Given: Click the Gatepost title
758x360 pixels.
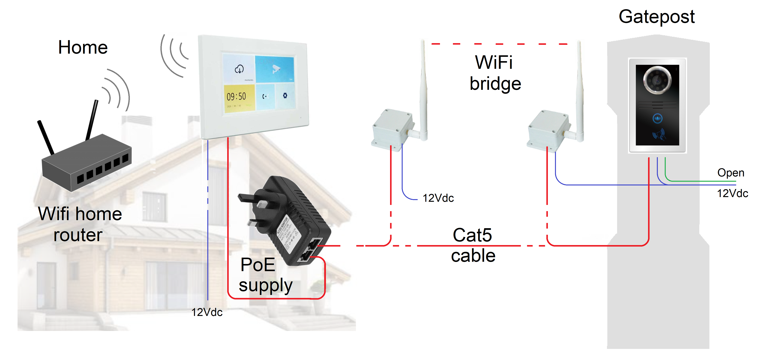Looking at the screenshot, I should coord(656,17).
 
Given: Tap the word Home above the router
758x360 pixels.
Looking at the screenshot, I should coord(83,47).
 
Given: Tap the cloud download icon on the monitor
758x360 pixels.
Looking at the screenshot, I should coord(239,69).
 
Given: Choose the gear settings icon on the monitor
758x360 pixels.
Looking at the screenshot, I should coord(285,96).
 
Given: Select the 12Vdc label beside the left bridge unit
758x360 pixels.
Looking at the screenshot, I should coord(438,198).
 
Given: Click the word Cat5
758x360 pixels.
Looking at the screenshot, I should coord(472,235).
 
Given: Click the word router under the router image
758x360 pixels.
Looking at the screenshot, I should coord(78,235).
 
